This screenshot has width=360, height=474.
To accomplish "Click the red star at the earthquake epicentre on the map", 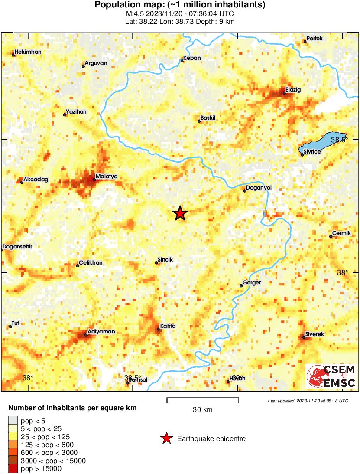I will pyautogui.click(x=180, y=213).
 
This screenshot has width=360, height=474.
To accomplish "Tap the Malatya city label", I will pyautogui.click(x=107, y=177).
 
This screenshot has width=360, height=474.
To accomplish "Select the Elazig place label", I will pyautogui.click(x=293, y=90).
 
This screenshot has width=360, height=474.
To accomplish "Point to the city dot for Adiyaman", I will pyautogui.click(x=86, y=334).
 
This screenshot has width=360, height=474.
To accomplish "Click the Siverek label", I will pyautogui.click(x=315, y=334).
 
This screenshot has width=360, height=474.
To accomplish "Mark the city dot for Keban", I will pyautogui.click(x=182, y=61).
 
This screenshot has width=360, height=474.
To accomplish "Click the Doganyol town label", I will pyautogui.click(x=259, y=188).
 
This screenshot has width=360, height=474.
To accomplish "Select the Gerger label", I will pyautogui.click(x=252, y=283).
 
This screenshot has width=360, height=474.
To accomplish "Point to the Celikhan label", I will pyautogui.click(x=90, y=263).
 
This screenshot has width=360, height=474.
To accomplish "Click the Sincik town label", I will pyautogui.click(x=165, y=260).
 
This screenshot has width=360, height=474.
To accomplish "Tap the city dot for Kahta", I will pyautogui.click(x=159, y=330).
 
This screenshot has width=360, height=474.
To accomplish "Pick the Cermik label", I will pyautogui.click(x=341, y=234).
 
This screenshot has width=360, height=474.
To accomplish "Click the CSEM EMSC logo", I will pyautogui.click(x=331, y=376).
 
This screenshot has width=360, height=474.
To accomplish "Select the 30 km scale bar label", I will pyautogui.click(x=202, y=410).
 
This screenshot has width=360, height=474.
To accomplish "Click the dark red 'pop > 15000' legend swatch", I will pyautogui.click(x=13, y=468).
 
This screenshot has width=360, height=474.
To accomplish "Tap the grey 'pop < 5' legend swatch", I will pyautogui.click(x=13, y=420).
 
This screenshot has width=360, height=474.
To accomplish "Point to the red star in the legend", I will pyautogui.click(x=166, y=439).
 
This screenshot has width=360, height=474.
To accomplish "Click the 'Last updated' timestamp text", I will pyautogui.click(x=308, y=401).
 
